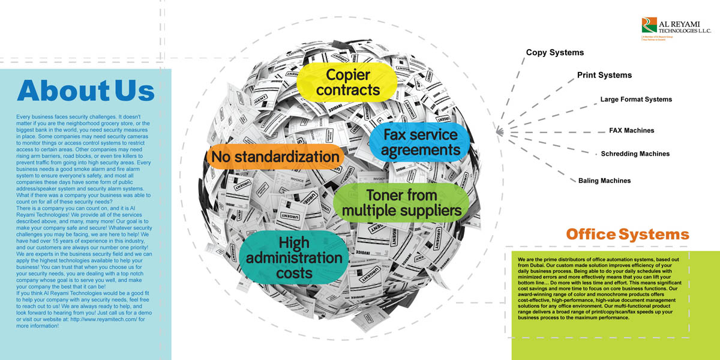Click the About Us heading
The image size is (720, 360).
pyautogui.click(x=86, y=91)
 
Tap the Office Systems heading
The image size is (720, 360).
pyautogui.click(x=627, y=234)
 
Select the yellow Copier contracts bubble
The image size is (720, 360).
pyautogui.click(x=348, y=83)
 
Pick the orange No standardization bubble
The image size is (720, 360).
pyautogui.click(x=274, y=157)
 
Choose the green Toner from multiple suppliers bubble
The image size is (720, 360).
pyautogui.click(x=401, y=203)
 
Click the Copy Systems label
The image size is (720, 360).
pyautogui.click(x=554, y=53)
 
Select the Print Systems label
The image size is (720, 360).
pyautogui.click(x=604, y=76)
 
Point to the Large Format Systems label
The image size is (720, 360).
pyautogui.click(x=636, y=100)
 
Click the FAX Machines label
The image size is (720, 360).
pyautogui.click(x=631, y=130)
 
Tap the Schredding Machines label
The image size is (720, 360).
pyautogui.click(x=635, y=154)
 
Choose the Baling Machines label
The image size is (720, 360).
pyautogui.click(x=604, y=181)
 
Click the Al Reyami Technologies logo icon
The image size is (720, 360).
pyautogui.click(x=649, y=25)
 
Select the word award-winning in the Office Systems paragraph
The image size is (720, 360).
pyautogui.click(x=537, y=295)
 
